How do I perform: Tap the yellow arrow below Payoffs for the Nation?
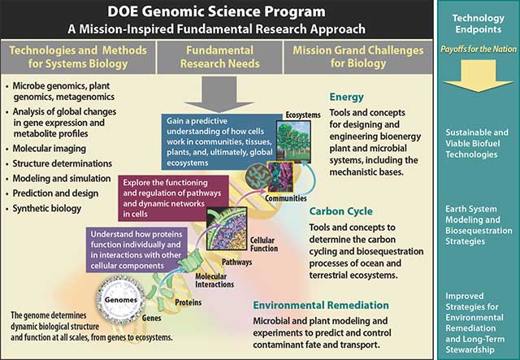tap(479, 76)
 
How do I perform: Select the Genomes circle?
tap(121, 301)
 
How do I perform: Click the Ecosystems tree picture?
tap(293, 141)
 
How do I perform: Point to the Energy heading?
tap(347, 98)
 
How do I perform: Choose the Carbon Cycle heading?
tap(341, 211)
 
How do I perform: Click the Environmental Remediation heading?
tap(321, 306)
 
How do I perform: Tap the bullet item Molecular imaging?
tap(49, 149)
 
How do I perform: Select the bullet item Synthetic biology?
tap(47, 209)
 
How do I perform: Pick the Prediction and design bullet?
tap(55, 193)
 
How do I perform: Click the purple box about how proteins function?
tap(136, 249)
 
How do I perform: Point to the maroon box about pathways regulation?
tap(173, 198)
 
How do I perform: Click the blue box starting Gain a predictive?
tap(219, 142)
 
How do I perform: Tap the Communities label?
tap(286, 198)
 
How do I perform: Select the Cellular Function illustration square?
tap(227, 229)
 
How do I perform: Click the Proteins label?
tap(188, 302)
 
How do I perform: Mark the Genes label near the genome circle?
tap(152, 319)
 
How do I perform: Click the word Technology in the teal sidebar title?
tap(479, 18)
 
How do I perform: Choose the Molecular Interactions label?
tap(214, 280)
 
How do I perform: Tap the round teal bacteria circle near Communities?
tap(258, 177)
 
